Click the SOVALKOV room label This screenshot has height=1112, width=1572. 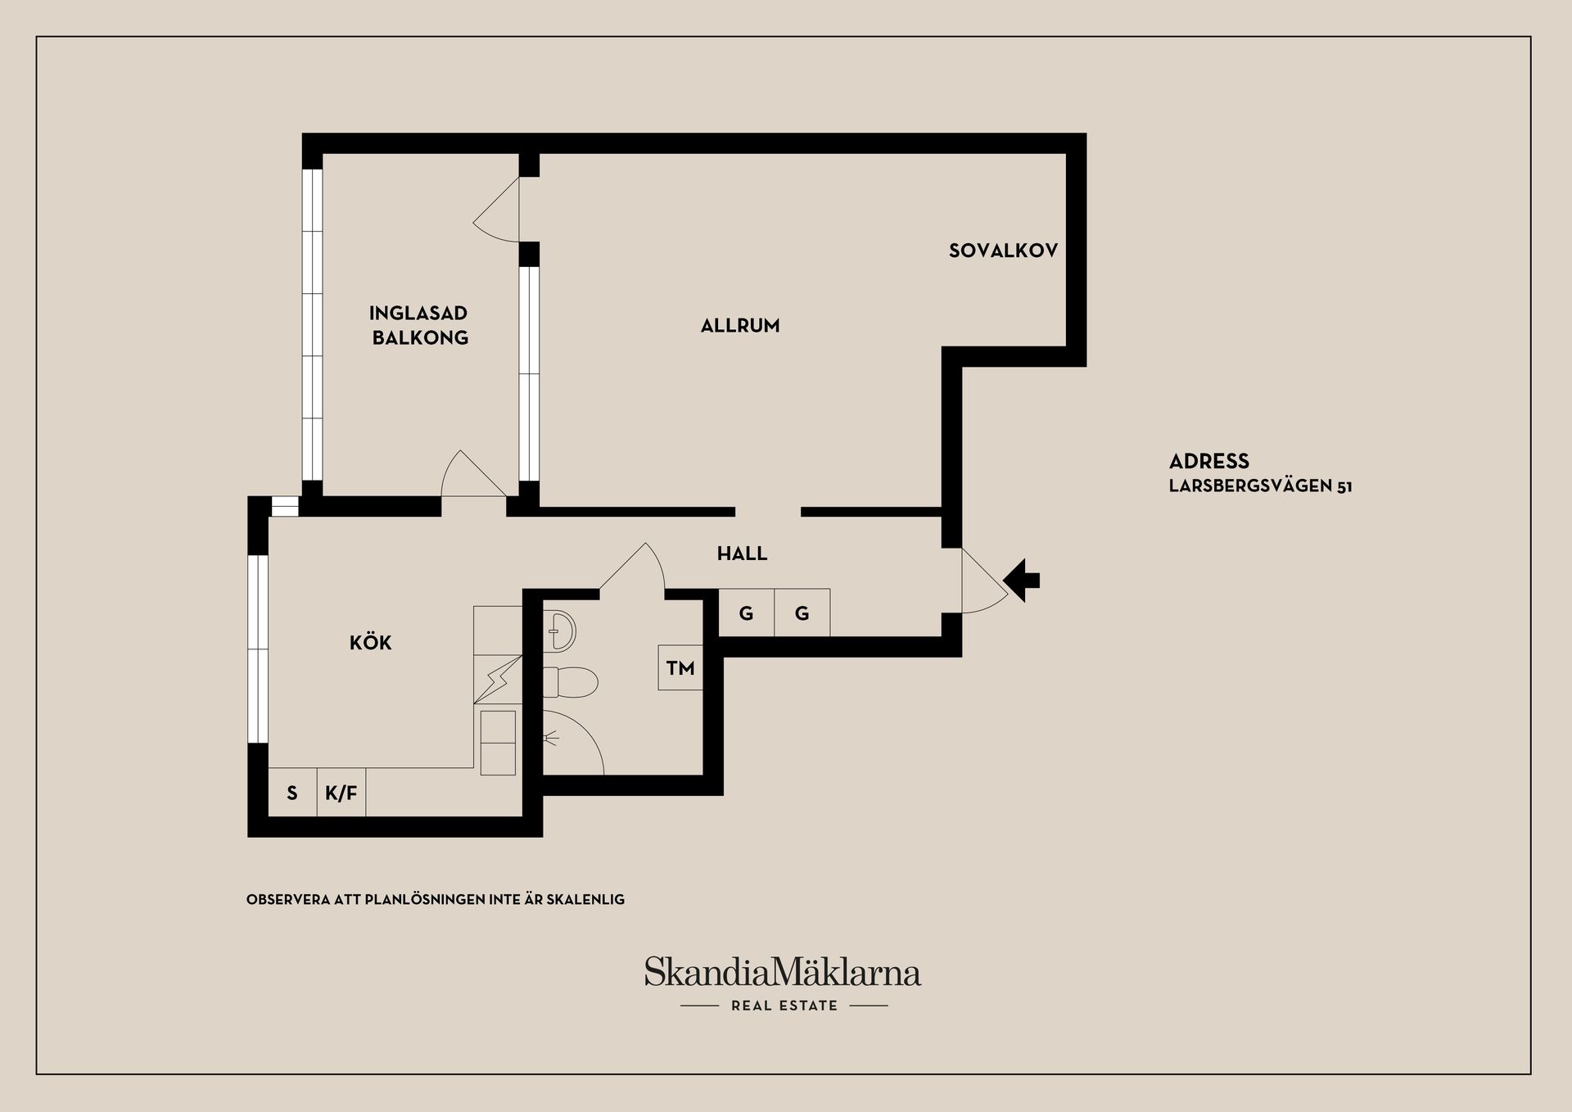[x=1003, y=251]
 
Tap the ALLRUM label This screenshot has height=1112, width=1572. [x=740, y=326]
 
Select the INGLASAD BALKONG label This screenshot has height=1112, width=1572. [x=419, y=325]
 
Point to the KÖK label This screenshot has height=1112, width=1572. [x=370, y=643]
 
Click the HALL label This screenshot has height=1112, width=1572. [x=742, y=554]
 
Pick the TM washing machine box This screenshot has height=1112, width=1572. [x=680, y=668]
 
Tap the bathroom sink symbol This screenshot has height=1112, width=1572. [x=561, y=631]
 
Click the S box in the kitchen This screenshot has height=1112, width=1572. [x=292, y=793]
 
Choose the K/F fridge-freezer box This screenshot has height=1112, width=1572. [x=341, y=793]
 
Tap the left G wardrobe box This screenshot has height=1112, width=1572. [x=746, y=613]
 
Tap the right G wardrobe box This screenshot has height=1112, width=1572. [x=802, y=613]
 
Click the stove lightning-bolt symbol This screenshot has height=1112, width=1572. [x=498, y=679]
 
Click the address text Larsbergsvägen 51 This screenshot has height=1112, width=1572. [x=1260, y=486]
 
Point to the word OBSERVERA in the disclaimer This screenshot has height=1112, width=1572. [x=287, y=899]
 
